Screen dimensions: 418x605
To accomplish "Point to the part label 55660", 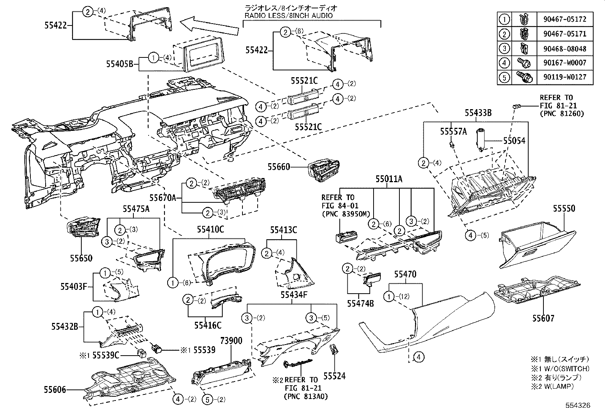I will [279, 167].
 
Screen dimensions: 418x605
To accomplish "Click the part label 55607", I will [543, 318].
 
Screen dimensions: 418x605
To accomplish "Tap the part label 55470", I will [405, 274].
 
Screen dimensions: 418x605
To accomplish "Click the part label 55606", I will [55, 390].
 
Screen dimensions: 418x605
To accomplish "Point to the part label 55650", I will [81, 258].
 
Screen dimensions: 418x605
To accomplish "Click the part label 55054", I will [514, 141].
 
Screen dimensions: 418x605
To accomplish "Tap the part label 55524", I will [334, 376].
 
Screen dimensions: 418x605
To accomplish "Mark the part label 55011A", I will [389, 179].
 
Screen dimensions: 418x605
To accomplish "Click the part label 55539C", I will [106, 355].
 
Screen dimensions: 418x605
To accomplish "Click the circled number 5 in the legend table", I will [504, 77].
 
